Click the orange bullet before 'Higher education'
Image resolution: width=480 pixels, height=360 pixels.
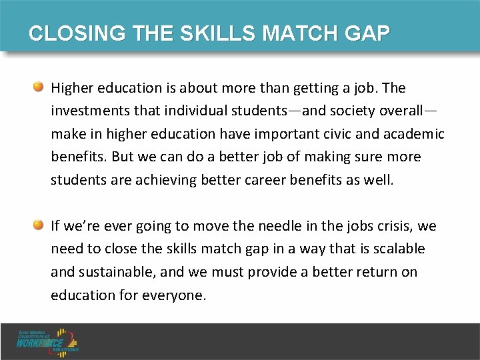click(x=39, y=87)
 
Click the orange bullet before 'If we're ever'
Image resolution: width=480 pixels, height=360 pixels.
click(x=39, y=225)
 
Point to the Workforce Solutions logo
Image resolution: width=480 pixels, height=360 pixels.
click(x=48, y=340)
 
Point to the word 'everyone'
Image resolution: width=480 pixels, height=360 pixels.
click(x=175, y=295)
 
